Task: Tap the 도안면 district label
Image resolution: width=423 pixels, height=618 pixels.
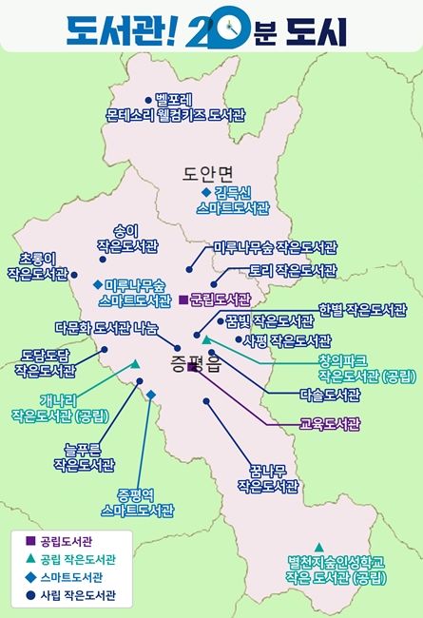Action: click(x=208, y=173)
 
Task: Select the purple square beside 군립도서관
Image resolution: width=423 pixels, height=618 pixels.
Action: click(x=183, y=299)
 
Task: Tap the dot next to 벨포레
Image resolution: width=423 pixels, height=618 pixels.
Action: click(x=148, y=99)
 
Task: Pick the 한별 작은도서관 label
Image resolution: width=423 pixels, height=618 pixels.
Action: click(x=363, y=310)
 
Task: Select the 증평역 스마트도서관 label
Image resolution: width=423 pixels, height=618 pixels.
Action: click(x=140, y=502)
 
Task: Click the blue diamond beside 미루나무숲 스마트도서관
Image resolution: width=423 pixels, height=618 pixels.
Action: click(x=97, y=284)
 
